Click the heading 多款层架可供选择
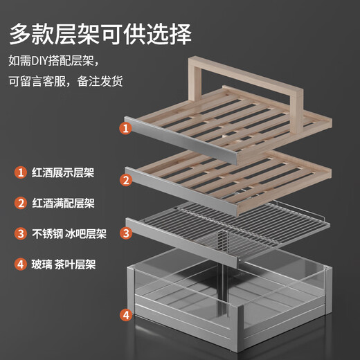coord(100,34)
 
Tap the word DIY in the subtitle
coord(39,61)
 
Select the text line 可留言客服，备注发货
coord(66,81)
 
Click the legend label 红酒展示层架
coord(63,172)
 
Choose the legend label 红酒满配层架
coord(63,204)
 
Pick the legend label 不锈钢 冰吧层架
coord(69,234)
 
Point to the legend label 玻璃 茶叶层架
coord(64,264)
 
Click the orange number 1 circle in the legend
coord(21,172)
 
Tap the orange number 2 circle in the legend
coord(21,203)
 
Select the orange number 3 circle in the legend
coord(21,233)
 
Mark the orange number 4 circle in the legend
coord(21,264)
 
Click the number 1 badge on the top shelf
coord(126,128)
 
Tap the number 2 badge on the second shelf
coord(126,180)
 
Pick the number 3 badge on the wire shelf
coord(126,233)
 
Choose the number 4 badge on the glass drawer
coord(126,315)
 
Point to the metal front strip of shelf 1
coord(181,141)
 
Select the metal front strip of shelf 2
coord(181,192)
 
